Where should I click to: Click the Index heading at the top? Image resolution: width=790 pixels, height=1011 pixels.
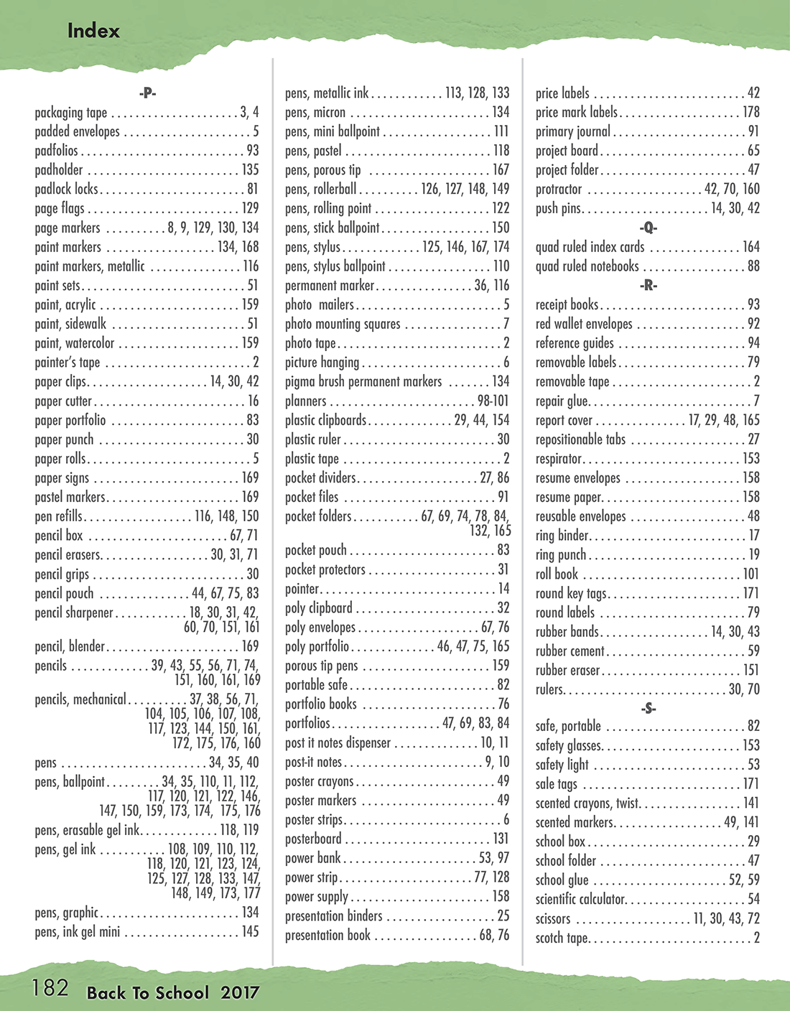(93, 31)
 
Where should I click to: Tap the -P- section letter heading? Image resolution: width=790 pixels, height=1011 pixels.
(147, 93)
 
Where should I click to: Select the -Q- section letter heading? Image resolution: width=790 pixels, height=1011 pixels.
(648, 228)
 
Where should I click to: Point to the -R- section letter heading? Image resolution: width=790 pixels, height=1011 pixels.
(648, 285)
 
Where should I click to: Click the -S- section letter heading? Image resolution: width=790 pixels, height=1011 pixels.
(648, 708)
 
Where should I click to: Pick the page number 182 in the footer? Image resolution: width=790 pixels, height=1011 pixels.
(50, 988)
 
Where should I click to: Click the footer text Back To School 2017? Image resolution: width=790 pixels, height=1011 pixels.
(172, 993)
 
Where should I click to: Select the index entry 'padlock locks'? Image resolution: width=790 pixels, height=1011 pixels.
(66, 189)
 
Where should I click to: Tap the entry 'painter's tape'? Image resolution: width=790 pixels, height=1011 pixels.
(68, 362)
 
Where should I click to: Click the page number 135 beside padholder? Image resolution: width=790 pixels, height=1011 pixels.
(250, 170)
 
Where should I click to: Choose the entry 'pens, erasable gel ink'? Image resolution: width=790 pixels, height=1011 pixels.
(87, 830)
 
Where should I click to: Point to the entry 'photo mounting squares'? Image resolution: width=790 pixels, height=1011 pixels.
(343, 324)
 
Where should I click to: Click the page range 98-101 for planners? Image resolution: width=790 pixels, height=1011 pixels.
(493, 401)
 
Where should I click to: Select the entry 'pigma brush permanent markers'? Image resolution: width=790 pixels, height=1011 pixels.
(363, 381)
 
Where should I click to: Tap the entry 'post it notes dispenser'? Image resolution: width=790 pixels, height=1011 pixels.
(338, 742)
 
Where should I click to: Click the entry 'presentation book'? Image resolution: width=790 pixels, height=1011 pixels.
(327, 935)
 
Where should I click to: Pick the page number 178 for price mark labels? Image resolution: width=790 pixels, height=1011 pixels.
(751, 112)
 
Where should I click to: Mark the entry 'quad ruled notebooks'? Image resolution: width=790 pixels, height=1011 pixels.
(587, 266)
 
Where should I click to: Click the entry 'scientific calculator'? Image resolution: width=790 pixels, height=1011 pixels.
(580, 899)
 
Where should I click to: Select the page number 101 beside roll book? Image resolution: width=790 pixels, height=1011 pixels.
(750, 574)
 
